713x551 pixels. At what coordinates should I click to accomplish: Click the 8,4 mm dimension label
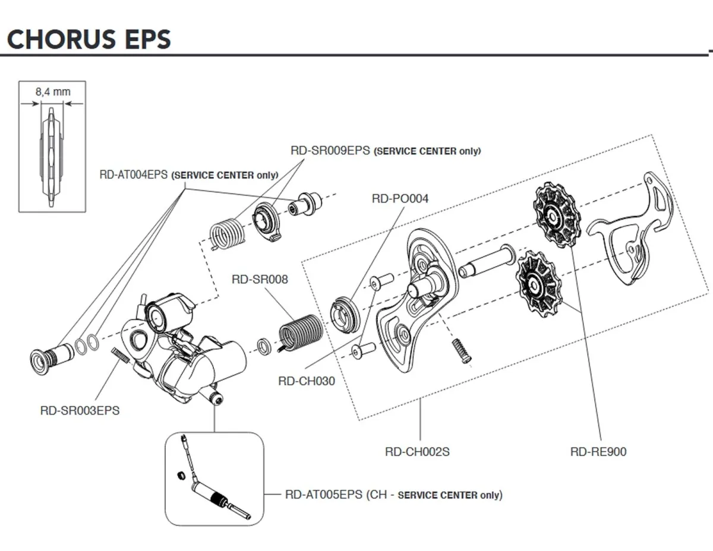coord(53,91)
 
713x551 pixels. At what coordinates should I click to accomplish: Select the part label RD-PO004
coord(400,198)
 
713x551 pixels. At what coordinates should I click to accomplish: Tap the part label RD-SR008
coord(260,278)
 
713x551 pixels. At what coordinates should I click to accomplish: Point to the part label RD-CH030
coord(306,381)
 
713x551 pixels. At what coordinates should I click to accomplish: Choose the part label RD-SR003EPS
coord(80,411)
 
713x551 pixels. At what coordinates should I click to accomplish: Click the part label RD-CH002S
coord(417,452)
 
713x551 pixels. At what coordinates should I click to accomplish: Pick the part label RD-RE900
coord(598,452)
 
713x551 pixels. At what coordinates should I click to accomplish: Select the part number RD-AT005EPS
coord(324,495)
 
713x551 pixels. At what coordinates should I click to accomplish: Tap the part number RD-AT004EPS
coord(134,175)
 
